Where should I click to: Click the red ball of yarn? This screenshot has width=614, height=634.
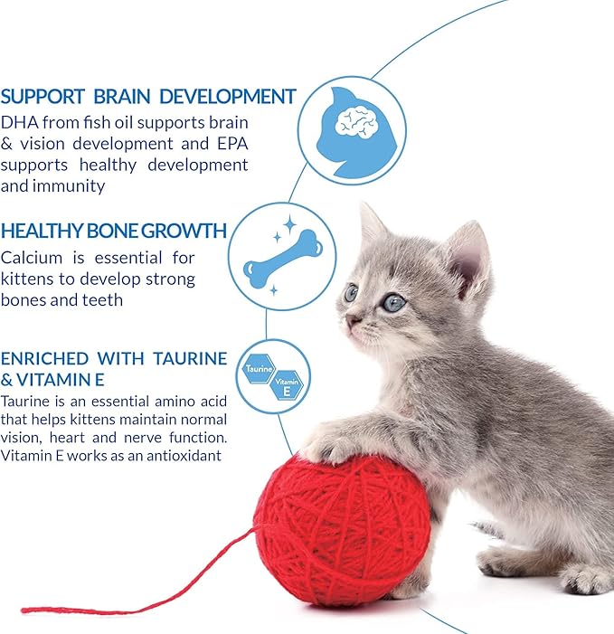(329, 529)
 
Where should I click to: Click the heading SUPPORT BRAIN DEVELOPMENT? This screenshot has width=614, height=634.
(148, 96)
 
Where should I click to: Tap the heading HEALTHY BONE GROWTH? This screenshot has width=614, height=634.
(113, 231)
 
